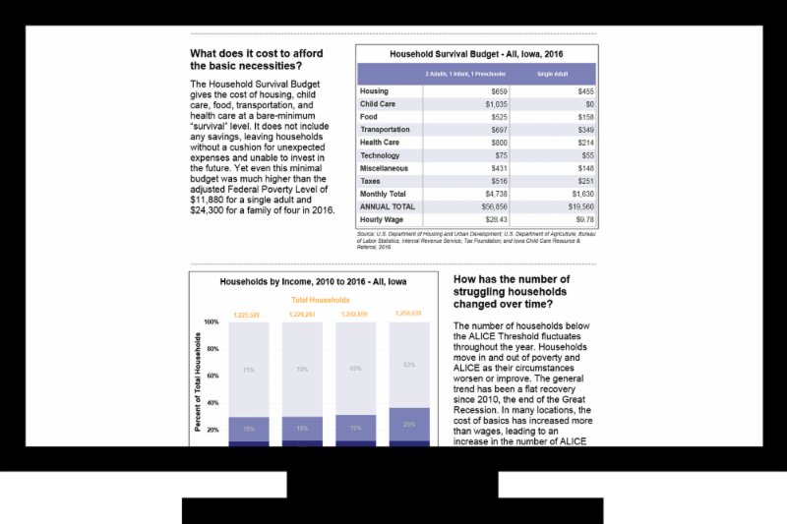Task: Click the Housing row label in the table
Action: (x=374, y=90)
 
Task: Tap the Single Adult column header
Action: (x=552, y=74)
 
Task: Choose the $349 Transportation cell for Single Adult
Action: (x=584, y=129)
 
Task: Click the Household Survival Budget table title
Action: (x=476, y=55)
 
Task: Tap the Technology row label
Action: (x=380, y=155)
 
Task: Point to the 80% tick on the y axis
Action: (x=212, y=349)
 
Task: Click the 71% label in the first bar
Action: (x=249, y=370)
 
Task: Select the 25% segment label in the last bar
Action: (x=408, y=423)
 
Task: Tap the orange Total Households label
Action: (x=320, y=300)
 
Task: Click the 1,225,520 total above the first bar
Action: (x=246, y=315)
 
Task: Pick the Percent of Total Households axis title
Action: (x=198, y=381)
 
